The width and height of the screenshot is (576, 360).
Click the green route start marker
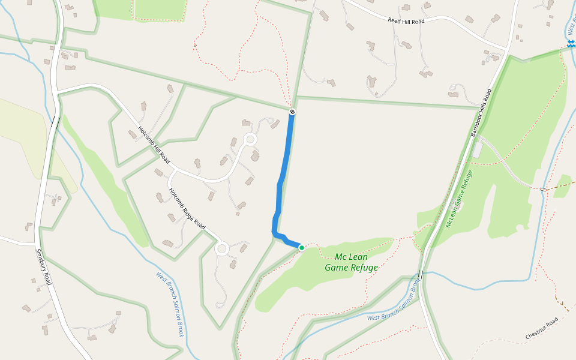pos(302,247)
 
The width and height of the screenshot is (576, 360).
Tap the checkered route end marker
pos(292,112)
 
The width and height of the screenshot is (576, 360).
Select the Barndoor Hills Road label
pos(481,113)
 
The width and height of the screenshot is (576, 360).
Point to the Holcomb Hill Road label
pos(154,146)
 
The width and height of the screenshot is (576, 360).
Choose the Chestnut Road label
pos(542,329)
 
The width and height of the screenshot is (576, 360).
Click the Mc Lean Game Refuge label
pos(351,262)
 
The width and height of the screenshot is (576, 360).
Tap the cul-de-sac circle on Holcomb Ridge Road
pos(222,248)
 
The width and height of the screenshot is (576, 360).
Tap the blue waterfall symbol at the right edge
pos(571,44)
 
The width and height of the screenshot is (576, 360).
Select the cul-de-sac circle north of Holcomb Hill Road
pos(250,140)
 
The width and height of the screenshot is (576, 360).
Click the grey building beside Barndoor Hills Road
pos(478,150)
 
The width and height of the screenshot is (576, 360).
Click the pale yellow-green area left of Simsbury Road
pos(24,138)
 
